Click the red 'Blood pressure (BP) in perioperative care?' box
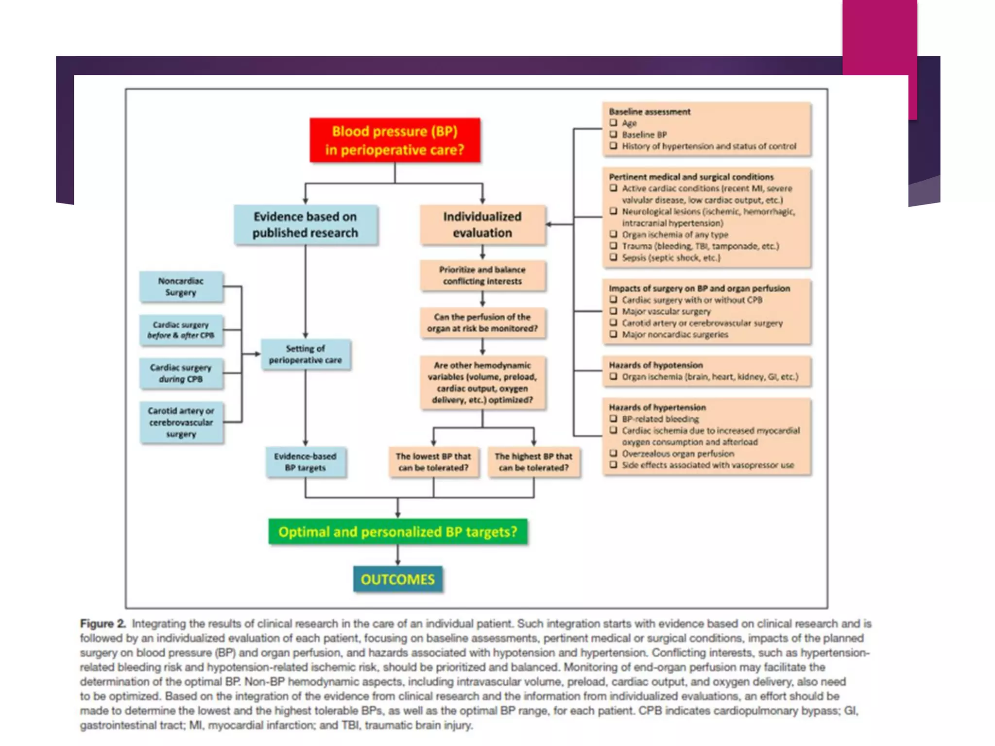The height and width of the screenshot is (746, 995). (395, 140)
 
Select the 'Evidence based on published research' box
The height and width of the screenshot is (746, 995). (305, 224)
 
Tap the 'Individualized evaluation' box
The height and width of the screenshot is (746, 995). (482, 224)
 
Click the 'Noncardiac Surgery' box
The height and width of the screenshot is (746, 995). (181, 287)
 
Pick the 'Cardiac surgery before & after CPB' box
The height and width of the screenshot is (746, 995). (181, 330)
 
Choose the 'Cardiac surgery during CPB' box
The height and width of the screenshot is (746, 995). (181, 373)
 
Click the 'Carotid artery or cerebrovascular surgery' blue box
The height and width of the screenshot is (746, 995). (181, 422)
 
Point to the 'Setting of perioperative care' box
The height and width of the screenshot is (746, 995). (305, 354)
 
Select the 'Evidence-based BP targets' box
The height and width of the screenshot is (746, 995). (305, 462)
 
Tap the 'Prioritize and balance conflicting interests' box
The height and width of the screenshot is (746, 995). (482, 275)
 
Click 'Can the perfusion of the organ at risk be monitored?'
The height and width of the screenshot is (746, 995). (482, 322)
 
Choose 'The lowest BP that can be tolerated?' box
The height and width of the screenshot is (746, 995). (433, 462)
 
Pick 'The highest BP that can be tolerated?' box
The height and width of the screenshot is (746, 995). (533, 462)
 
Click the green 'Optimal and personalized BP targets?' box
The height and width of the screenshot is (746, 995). (398, 532)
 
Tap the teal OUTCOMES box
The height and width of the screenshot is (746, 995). (398, 579)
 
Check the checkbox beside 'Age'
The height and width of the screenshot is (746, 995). (614, 123)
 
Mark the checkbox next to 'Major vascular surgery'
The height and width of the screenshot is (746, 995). (614, 311)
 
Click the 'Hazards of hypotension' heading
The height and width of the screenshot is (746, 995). (655, 365)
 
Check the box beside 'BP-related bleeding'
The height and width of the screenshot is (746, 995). (614, 419)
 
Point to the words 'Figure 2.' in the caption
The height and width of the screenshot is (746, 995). (103, 624)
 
